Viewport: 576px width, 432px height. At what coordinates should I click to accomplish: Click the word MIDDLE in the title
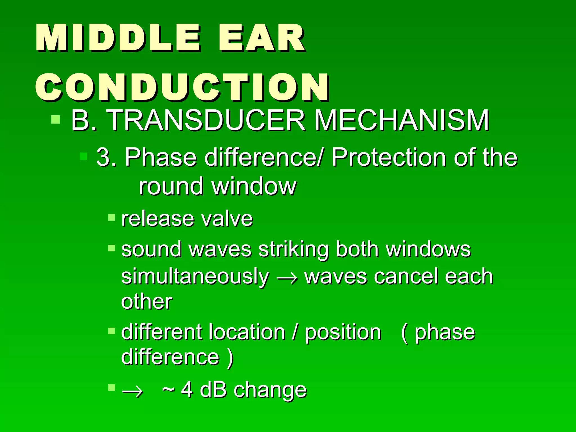coord(118,38)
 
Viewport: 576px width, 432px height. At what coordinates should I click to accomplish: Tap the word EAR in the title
coord(262,38)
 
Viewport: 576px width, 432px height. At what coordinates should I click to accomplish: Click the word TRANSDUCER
coord(207,120)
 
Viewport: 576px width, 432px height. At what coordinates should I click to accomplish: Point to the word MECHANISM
coord(402,120)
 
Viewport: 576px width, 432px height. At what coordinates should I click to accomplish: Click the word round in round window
coord(171,186)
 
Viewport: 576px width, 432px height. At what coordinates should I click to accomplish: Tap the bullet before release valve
coord(112,217)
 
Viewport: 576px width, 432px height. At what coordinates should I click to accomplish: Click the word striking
coord(293,249)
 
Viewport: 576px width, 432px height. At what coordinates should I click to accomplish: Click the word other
coord(147,302)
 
